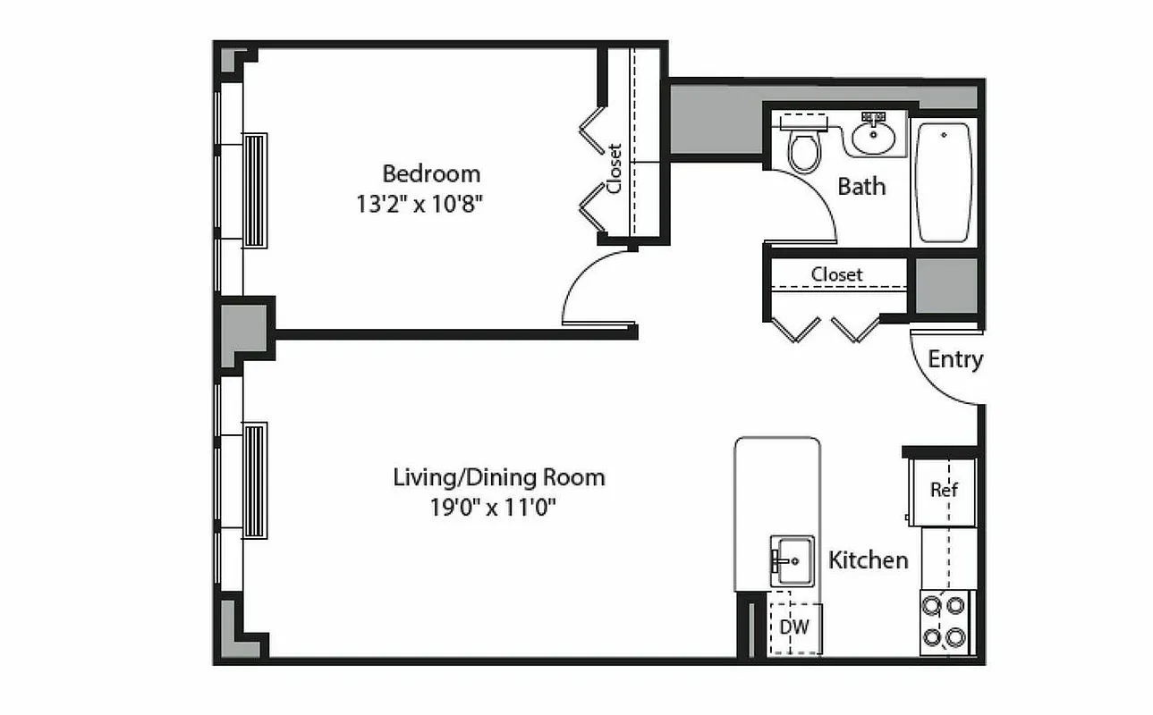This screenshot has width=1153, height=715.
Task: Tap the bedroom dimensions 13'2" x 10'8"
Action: (x=420, y=205)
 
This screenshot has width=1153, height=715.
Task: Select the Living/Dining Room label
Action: (x=499, y=477)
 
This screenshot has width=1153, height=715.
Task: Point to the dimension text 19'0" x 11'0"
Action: (x=499, y=509)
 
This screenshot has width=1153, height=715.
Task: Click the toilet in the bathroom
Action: (x=803, y=147)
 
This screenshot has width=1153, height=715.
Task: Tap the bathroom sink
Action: (x=872, y=135)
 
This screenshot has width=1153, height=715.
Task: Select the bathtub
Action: (x=944, y=182)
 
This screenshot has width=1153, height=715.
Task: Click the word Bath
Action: (x=861, y=187)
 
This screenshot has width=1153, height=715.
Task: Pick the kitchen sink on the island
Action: (x=792, y=560)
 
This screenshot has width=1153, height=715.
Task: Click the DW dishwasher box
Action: (x=793, y=627)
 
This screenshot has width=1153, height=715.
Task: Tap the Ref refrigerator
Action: (x=944, y=491)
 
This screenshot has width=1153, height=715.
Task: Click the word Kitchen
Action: (x=868, y=560)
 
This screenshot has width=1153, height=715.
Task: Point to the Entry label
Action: (x=955, y=359)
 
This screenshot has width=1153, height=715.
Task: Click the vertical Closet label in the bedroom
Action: (x=615, y=168)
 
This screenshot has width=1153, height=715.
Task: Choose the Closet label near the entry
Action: (x=837, y=274)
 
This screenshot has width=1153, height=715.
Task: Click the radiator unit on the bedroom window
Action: (x=255, y=190)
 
